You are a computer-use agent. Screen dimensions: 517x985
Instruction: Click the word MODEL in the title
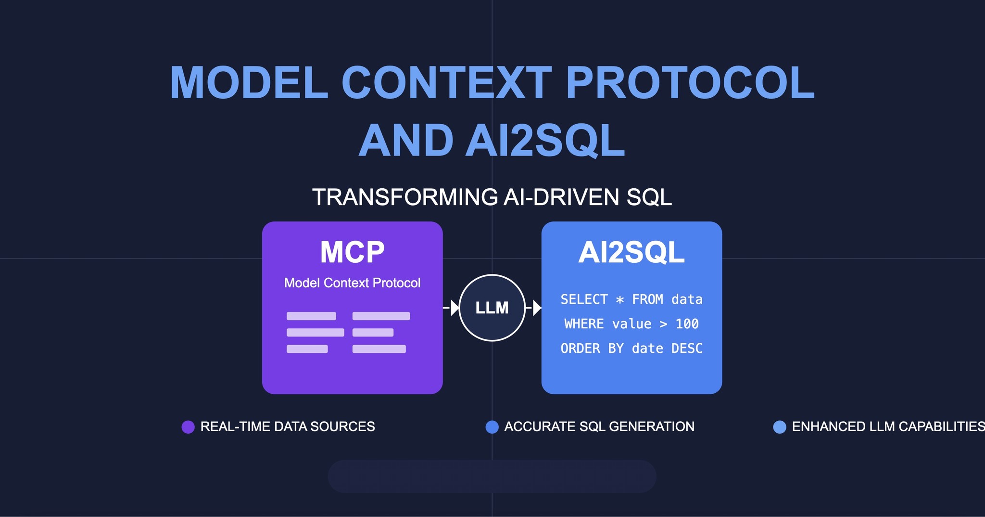coord(249,83)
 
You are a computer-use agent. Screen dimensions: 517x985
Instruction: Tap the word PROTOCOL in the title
coord(690,83)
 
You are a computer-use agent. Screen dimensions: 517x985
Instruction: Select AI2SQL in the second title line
coord(545,141)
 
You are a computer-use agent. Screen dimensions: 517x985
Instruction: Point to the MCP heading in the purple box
coord(352,252)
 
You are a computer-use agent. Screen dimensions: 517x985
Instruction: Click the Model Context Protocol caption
coord(352,283)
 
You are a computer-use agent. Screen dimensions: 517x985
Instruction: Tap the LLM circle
coord(492,308)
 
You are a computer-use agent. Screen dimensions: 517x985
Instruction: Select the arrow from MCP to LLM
coord(452,308)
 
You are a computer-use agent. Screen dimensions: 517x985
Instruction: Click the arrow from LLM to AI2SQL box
coord(534,308)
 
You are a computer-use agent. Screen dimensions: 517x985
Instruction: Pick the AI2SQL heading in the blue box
coord(631,252)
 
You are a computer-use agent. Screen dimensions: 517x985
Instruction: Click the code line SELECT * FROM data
coord(631,299)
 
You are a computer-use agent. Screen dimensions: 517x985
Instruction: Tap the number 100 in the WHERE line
coord(687,324)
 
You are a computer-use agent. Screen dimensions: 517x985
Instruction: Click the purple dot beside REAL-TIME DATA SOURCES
coord(188,427)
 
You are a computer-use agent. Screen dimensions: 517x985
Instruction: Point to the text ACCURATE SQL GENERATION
coord(599,427)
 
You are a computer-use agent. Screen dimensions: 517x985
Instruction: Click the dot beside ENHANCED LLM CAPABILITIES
coord(779,427)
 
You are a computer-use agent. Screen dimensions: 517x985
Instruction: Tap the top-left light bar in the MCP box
coord(311,316)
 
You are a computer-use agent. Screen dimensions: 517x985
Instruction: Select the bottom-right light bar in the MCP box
coord(379,349)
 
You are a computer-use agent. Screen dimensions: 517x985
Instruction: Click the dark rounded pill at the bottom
coord(492,476)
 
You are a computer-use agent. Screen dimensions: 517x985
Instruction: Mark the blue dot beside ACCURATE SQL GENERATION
coord(492,427)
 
